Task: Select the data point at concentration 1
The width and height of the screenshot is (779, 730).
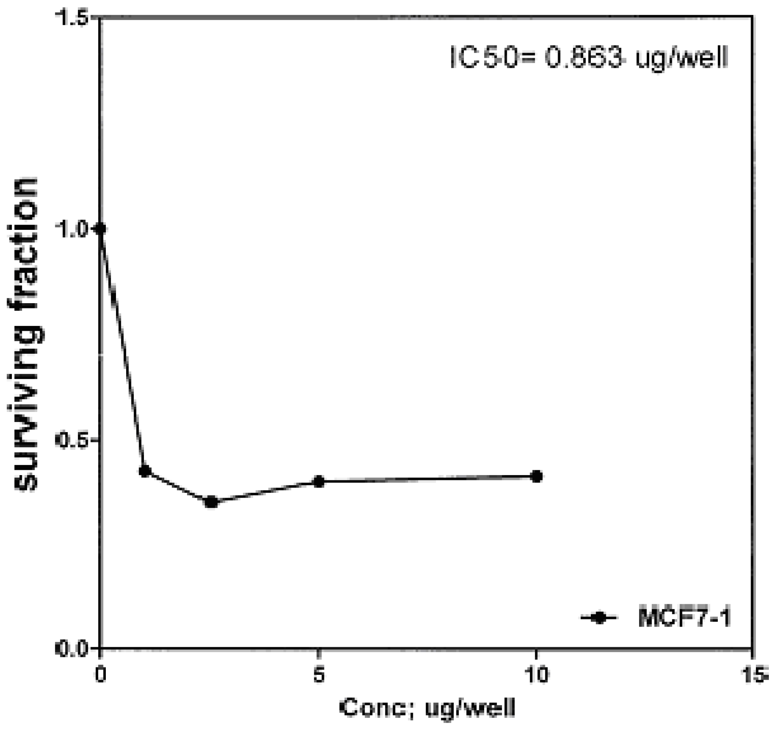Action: coord(145,471)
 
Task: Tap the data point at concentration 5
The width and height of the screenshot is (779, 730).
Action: coord(319,482)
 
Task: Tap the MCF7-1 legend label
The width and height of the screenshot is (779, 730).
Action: coord(684,618)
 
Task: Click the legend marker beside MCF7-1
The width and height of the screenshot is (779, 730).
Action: coord(599,618)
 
